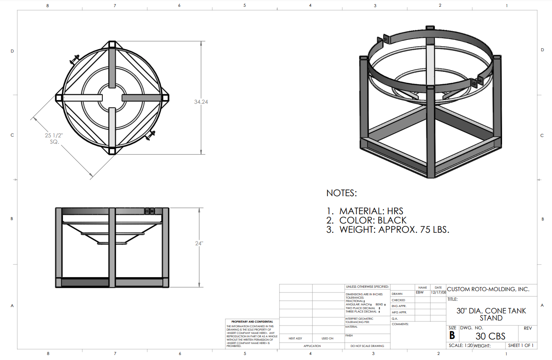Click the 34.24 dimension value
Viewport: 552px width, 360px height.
click(x=201, y=102)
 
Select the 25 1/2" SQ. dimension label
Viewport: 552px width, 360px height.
click(x=54, y=139)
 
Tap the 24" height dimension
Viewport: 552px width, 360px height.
click(x=199, y=243)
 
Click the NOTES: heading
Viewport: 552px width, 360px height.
click(x=341, y=193)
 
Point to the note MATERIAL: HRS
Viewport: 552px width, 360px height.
click(x=371, y=211)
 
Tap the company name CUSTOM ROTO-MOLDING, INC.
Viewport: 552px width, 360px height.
click(x=488, y=289)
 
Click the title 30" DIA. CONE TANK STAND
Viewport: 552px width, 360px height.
click(x=491, y=314)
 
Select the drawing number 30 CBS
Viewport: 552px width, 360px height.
click(x=490, y=336)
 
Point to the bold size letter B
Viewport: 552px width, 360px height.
click(x=452, y=335)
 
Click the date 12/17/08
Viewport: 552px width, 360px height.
click(x=438, y=292)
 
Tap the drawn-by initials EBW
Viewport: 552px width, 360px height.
click(x=420, y=292)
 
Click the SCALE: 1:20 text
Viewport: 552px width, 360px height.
click(x=460, y=346)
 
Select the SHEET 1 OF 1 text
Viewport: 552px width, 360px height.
click(x=521, y=346)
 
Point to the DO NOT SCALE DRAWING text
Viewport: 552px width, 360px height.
click(x=367, y=346)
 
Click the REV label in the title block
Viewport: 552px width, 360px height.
click(x=528, y=328)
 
